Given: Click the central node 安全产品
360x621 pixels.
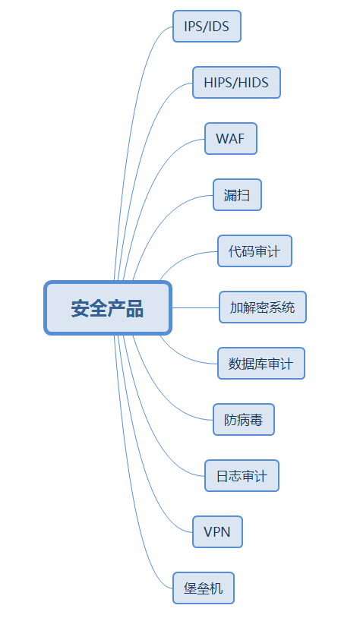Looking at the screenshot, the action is [x=108, y=308].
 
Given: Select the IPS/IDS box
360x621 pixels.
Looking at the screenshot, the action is [x=207, y=26].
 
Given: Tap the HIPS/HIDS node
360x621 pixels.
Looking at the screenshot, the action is [x=236, y=83].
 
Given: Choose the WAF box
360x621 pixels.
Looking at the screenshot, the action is [x=231, y=139].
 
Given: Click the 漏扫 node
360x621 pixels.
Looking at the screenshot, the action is [x=237, y=195].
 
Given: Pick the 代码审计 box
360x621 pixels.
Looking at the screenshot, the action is [x=254, y=251].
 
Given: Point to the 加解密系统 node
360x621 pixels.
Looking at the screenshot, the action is [x=263, y=307].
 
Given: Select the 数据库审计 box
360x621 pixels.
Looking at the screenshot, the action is [x=261, y=364].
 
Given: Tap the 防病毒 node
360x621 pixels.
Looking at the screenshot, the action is [x=244, y=420].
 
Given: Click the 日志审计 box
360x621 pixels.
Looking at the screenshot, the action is [x=242, y=476].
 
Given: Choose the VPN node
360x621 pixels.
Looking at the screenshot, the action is [x=217, y=532].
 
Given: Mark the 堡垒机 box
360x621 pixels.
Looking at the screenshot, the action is [x=204, y=588].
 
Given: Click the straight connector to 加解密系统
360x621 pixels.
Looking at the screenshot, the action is [x=195, y=307].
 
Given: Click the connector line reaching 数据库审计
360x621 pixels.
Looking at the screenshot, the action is [x=183, y=356].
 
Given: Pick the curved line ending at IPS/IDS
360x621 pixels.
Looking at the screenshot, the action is [x=130, y=119].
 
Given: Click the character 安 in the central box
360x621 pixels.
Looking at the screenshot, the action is [x=80, y=308].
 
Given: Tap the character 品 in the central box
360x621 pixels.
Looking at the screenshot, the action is [x=134, y=308].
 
